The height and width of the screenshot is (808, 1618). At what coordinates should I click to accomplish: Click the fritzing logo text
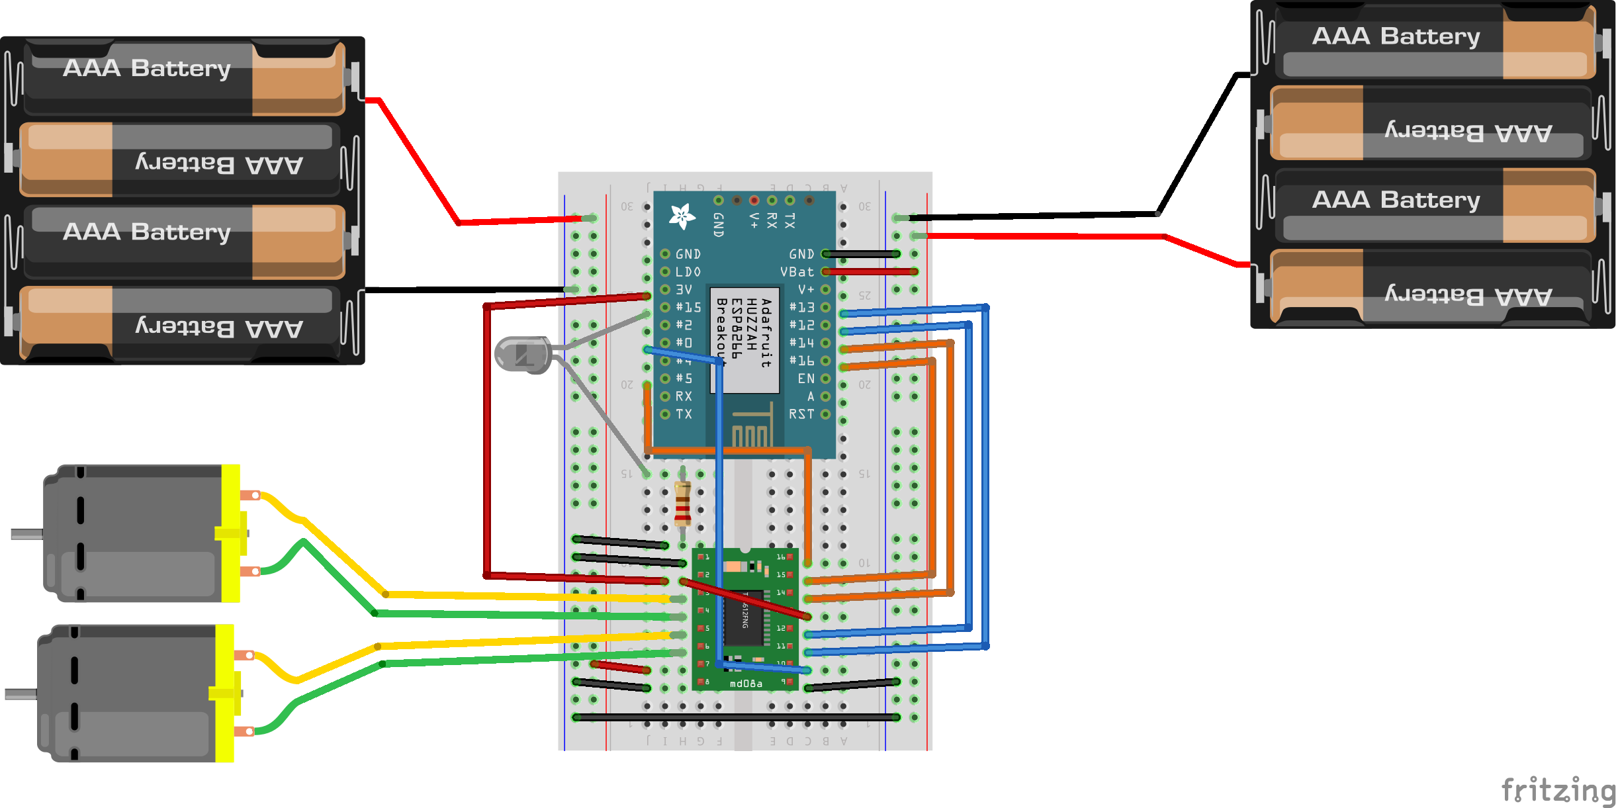point(1558,790)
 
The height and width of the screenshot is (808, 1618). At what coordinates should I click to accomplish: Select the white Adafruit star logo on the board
point(682,216)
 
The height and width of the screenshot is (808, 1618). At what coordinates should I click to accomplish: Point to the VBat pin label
point(797,272)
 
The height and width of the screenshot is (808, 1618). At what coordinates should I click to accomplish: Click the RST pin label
point(801,414)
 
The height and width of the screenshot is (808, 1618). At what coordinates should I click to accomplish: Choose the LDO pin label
point(688,272)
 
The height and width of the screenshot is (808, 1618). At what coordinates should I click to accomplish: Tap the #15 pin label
point(688,308)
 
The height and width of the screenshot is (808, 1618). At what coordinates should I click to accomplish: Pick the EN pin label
point(805,379)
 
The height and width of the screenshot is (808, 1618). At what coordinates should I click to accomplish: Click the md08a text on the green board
point(746,684)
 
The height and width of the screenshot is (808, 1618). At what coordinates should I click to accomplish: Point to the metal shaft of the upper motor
point(26,534)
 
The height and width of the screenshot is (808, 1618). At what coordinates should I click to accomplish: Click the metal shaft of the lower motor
point(21,694)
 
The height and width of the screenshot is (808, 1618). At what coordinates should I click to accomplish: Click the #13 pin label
point(801,308)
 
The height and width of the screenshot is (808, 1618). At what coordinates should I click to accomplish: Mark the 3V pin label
point(684,290)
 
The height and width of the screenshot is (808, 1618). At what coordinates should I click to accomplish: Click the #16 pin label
point(801,361)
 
